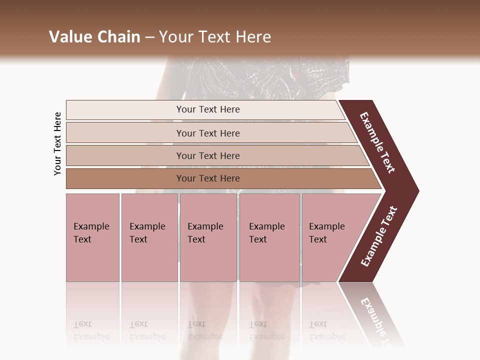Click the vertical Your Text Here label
pyautogui.click(x=57, y=144)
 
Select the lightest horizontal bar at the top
pyautogui.click(x=207, y=109)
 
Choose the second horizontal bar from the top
pyautogui.click(x=207, y=133)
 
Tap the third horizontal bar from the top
pyautogui.click(x=207, y=155)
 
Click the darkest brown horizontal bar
pyautogui.click(x=207, y=178)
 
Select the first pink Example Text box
pyautogui.click(x=92, y=237)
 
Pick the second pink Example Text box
pyautogui.click(x=149, y=237)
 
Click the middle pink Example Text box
pyautogui.click(x=208, y=237)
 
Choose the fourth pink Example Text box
pyautogui.click(x=269, y=237)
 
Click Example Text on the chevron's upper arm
pyautogui.click(x=377, y=142)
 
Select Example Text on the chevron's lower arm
pyautogui.click(x=379, y=236)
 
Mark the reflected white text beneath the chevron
pyautogui.click(x=377, y=320)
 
